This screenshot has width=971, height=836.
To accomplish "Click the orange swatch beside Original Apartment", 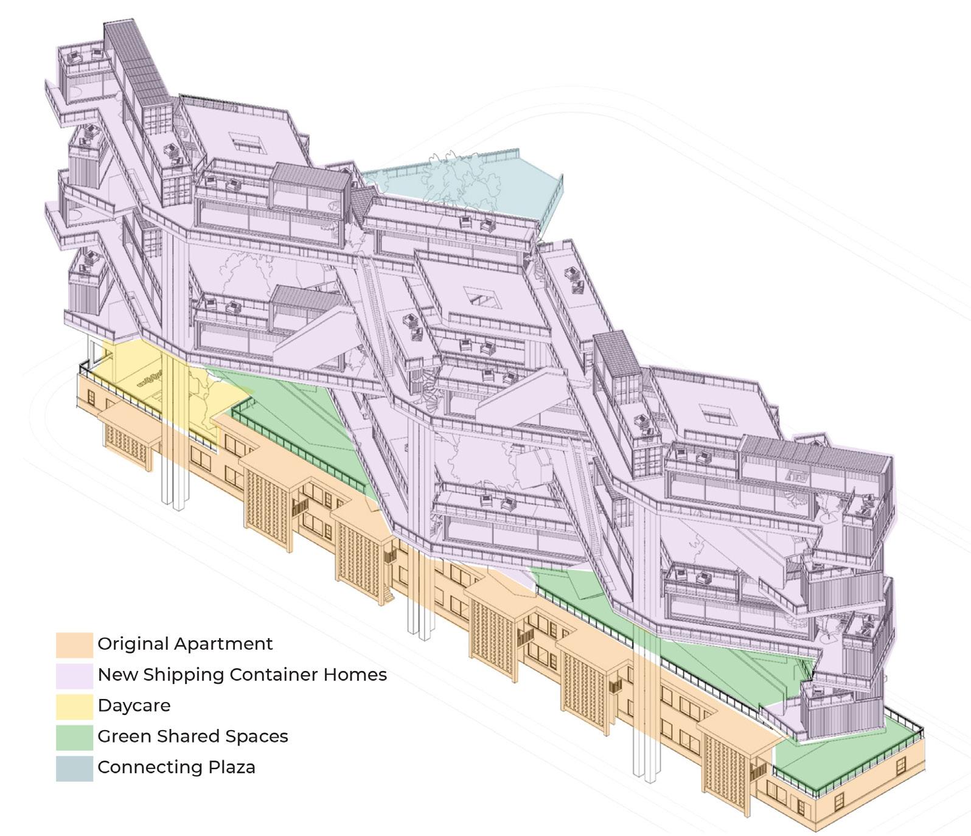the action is point(74,645).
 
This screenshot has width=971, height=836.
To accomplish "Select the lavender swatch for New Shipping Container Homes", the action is point(74,676).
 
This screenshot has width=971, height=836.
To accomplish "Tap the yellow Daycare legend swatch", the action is point(74,706).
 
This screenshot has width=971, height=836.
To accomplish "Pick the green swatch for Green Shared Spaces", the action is point(74,737).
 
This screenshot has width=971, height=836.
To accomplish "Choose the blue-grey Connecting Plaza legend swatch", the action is point(74,768).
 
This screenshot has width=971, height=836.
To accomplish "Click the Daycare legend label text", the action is point(134,706).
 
